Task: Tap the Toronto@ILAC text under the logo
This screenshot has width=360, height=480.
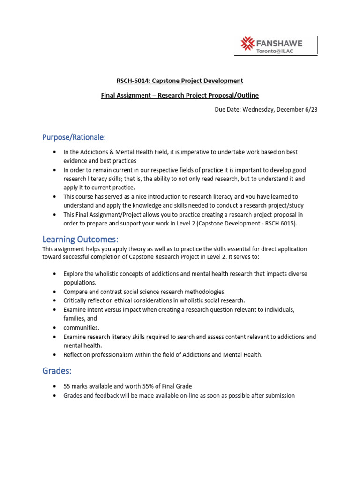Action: pos(275,51)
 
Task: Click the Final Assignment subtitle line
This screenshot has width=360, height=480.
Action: pos(180,95)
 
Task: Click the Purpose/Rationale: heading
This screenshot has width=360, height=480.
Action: pos(74,137)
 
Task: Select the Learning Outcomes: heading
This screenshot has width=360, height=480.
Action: pos(81,240)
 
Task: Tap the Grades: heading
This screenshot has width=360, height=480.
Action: pos(57,371)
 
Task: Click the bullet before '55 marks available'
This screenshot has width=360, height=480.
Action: pos(55,386)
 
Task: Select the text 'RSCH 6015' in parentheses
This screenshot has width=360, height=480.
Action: pos(280,224)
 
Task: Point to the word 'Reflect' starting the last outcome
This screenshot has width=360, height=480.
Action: pos(74,355)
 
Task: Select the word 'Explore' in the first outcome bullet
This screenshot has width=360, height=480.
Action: pos(75,273)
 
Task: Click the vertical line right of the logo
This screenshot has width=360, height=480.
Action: pos(317,45)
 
